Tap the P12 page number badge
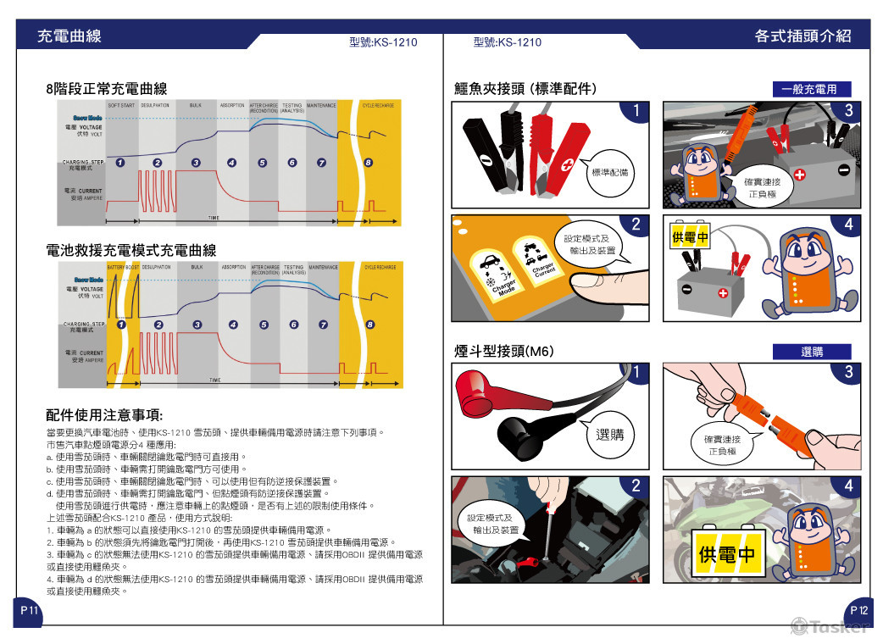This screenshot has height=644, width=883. [858, 610]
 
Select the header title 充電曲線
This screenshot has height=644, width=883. [69, 36]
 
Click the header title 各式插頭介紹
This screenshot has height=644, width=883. [802, 36]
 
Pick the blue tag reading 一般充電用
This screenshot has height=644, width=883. [810, 89]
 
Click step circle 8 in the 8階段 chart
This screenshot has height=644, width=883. [367, 162]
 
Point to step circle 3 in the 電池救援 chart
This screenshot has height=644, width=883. [197, 324]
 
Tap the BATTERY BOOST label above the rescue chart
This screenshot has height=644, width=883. [123, 267]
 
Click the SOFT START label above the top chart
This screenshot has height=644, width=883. [122, 105]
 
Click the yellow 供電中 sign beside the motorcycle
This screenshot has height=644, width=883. [725, 555]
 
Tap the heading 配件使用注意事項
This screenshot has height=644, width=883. [104, 415]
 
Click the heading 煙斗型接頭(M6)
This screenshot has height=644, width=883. [503, 351]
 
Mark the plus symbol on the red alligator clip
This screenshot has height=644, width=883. [567, 165]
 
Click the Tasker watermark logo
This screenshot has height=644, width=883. [830, 626]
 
